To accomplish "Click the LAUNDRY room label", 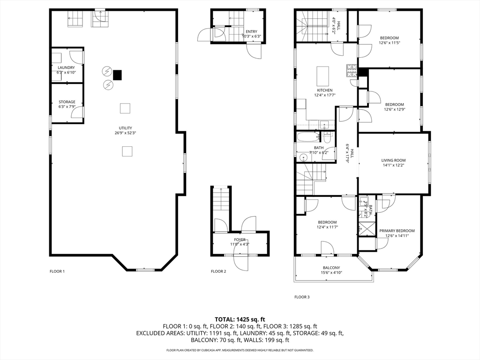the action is point(66,67).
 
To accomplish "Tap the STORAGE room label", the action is point(67,102).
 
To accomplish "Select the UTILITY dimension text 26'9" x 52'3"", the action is point(126,133).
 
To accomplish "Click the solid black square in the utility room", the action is point(117,75).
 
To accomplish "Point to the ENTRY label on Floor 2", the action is point(251,31).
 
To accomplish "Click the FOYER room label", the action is point(240,240).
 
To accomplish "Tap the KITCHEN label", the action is point(325,90).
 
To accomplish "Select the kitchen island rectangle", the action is point(322,76).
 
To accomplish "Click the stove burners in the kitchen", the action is point(352,70).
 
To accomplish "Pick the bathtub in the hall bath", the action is point(308,137).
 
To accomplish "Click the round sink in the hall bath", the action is point(303,157).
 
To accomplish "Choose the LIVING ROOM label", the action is point(393,160).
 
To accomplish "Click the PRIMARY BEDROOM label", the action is point(397,231).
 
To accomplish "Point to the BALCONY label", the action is point(331,268).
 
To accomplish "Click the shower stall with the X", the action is point(367,228).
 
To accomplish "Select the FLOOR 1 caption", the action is point(57,271).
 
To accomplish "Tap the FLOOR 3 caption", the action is point(302,297).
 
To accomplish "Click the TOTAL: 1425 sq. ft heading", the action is point(240,320).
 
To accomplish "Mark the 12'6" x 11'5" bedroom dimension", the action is point(390,43).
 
